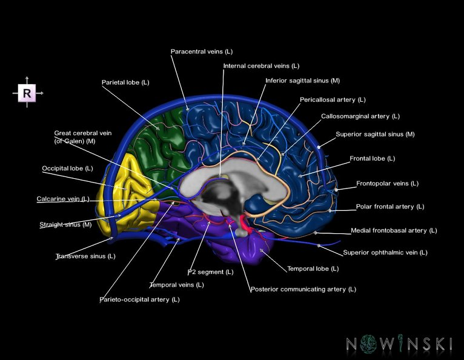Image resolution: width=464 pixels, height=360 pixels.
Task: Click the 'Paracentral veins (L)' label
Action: (201, 52)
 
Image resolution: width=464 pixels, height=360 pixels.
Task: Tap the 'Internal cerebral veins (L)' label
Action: (261, 65)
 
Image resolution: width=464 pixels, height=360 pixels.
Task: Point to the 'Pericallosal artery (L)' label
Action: (333, 99)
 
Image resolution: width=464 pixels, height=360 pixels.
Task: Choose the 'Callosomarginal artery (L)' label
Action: (360, 116)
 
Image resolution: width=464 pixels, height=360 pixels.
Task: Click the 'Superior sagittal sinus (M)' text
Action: (375, 134)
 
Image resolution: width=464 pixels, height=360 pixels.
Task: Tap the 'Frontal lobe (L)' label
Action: (372, 158)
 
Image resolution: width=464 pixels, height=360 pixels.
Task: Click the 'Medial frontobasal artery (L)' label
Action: (394, 230)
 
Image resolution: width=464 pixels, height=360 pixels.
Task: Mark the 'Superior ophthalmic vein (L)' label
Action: (385, 252)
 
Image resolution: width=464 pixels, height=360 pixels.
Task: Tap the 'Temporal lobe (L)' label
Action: (313, 268)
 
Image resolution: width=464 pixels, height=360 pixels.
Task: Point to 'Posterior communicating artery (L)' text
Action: (303, 289)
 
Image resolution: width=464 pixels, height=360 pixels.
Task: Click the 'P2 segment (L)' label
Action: (210, 272)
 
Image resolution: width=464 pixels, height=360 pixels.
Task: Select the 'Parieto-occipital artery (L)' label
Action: (139, 299)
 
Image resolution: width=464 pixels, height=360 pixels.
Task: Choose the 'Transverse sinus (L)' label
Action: (85, 256)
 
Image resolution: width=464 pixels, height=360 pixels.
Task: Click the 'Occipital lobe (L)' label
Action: (67, 168)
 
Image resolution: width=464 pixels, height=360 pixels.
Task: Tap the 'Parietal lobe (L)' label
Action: (125, 82)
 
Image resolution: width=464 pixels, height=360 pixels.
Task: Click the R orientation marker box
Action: (27, 93)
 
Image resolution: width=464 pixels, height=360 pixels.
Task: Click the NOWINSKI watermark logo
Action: (399, 344)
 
